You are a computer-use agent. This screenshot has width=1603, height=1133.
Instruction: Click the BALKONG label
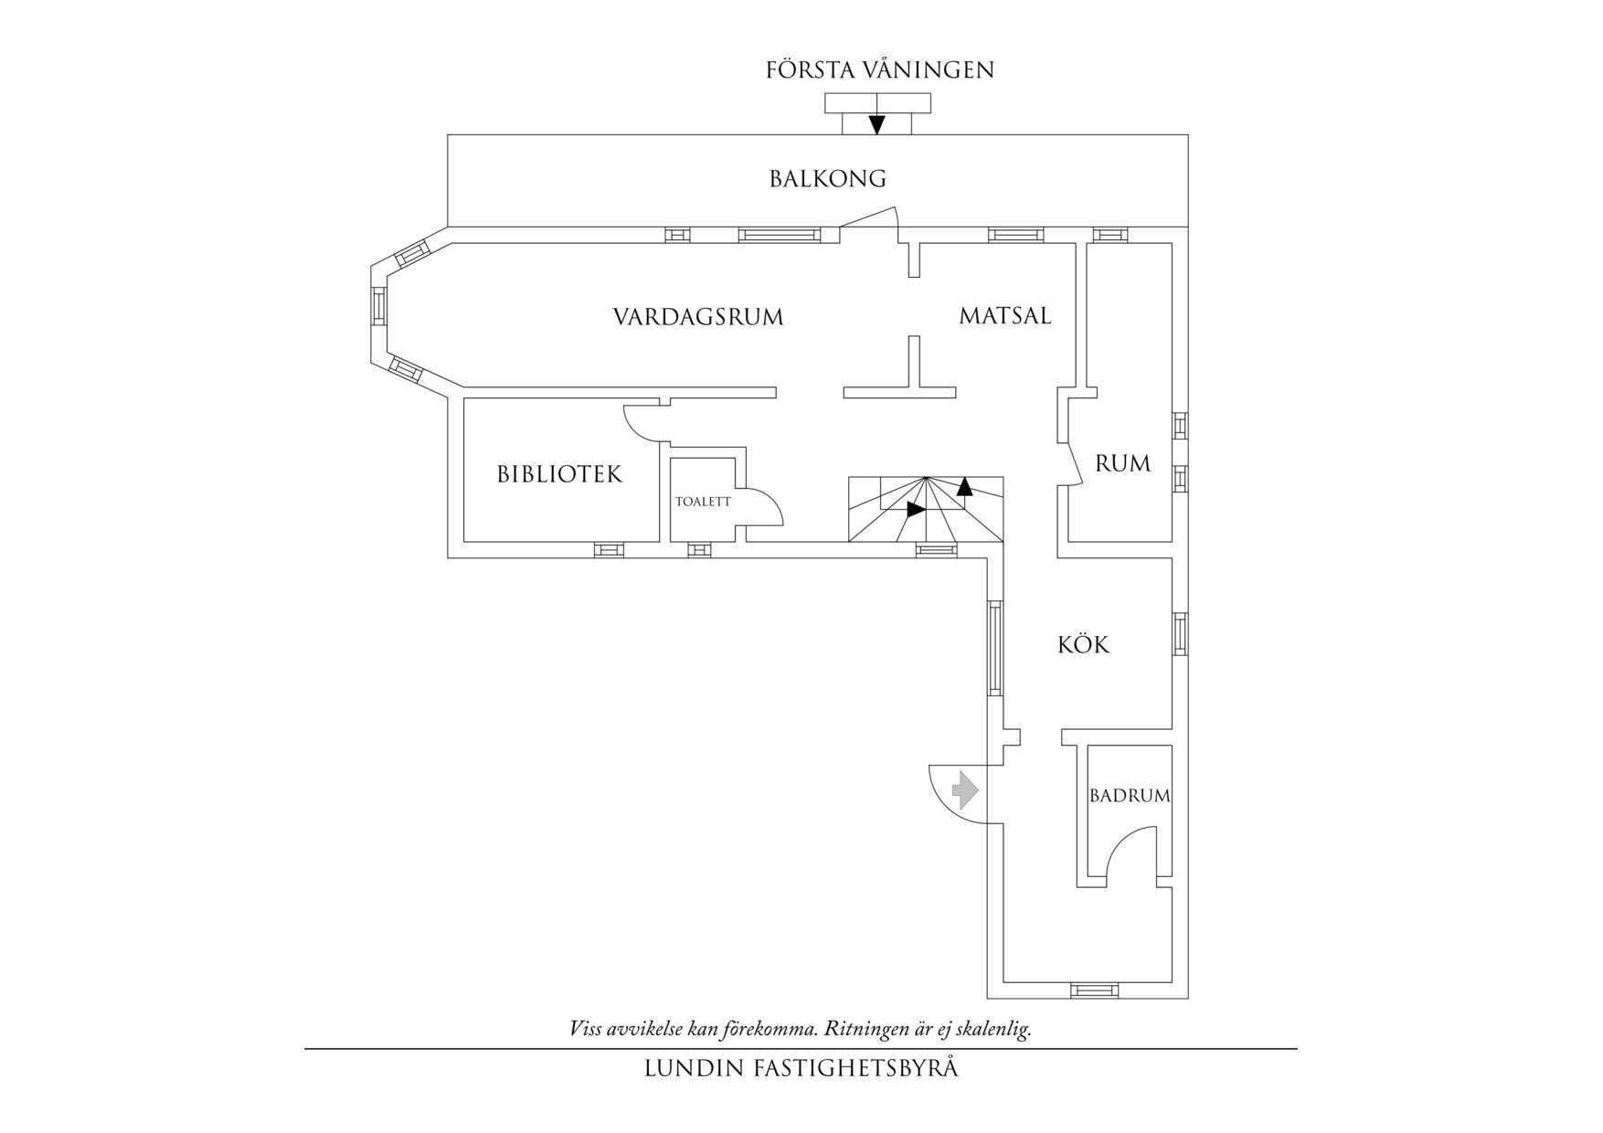[828, 178]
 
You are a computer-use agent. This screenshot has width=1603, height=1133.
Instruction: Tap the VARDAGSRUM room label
[698, 317]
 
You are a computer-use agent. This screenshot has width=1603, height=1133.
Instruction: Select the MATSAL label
[1005, 316]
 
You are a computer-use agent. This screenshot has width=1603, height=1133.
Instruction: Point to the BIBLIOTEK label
[559, 474]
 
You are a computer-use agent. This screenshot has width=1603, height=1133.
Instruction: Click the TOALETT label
[703, 502]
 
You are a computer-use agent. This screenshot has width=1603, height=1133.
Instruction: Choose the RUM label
[1123, 464]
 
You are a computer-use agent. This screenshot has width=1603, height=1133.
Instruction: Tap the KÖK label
[1084, 645]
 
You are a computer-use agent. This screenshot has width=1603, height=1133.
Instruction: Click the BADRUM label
[1130, 796]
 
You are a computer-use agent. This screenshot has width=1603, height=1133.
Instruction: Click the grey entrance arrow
[964, 789]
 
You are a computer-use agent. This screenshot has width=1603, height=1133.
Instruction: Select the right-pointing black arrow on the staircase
[916, 510]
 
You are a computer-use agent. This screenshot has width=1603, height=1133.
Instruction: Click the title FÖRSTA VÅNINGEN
[880, 70]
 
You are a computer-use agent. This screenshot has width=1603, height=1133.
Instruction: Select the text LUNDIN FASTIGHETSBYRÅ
[801, 1068]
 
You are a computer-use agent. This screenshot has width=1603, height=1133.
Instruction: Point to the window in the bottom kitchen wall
[1094, 990]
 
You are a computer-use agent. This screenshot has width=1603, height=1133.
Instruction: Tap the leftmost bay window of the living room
[378, 306]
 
